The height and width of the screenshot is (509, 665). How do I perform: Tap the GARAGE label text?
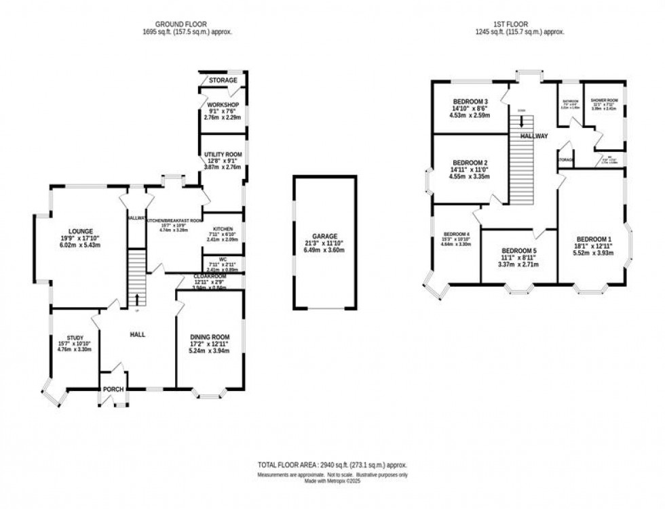pos(324,237)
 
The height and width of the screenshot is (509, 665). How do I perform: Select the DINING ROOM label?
pos(209,337)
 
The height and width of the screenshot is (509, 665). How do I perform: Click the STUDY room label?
pos(75,338)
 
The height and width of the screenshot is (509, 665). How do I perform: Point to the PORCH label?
pos(112,389)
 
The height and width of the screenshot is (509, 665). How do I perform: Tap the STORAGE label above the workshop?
pos(223,81)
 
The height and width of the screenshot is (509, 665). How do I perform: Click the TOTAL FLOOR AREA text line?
pos(332,466)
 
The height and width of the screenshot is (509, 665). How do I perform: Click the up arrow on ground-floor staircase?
pos(138,299)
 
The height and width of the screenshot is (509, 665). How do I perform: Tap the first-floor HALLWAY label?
pos(534,136)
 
